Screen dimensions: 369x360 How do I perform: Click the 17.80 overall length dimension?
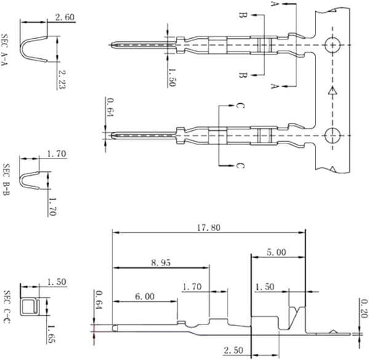point(208,228)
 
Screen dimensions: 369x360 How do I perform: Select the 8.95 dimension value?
point(161,263)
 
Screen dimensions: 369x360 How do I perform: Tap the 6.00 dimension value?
point(145,297)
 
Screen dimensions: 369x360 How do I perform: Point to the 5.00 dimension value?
point(277,252)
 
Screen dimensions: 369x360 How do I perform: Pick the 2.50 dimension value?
point(234,350)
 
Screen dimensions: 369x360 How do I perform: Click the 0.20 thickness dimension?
point(363,308)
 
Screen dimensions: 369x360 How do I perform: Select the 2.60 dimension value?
point(65,17)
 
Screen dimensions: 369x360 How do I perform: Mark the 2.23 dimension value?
point(61,79)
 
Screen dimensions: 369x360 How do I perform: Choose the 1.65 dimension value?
point(51,334)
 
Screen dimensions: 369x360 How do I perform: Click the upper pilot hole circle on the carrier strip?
point(332,45)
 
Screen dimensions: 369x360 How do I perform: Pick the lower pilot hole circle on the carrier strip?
point(332,136)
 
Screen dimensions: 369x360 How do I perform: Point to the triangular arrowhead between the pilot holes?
point(332,91)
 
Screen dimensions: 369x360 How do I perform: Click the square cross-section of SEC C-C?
point(29,307)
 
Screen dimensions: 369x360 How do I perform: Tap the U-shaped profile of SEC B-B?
point(21,181)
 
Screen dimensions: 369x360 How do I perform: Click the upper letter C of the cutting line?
point(240,106)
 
